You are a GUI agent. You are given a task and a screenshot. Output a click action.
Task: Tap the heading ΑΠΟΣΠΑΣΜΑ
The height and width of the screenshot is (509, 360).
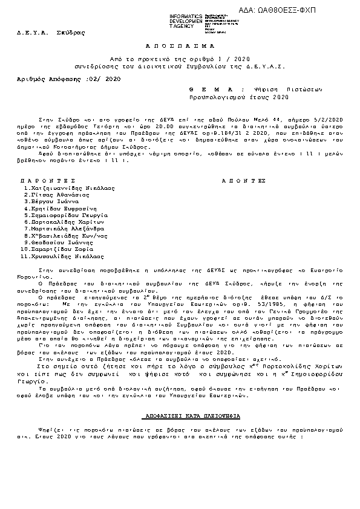pos(180,45)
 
